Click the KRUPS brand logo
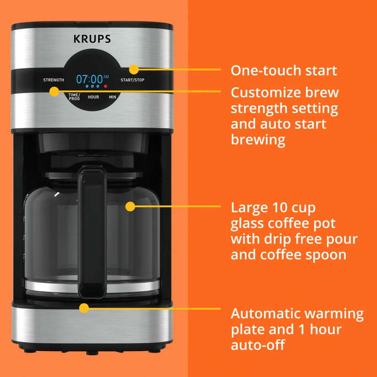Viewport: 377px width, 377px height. [92, 39]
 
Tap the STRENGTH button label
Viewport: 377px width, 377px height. [53, 80]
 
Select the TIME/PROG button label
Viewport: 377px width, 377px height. [74, 97]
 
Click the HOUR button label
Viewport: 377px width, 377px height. [93, 97]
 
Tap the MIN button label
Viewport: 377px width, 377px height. [112, 97]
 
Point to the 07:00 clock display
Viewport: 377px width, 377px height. [90, 79]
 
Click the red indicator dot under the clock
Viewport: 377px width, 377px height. [106, 86]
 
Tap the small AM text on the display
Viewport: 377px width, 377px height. [106, 77]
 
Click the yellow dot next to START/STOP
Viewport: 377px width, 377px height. [134, 69]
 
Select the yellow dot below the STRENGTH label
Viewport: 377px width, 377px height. [54, 92]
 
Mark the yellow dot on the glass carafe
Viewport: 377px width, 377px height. [130, 206]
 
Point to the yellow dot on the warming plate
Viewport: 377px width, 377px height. [84, 308]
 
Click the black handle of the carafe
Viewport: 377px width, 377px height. [92, 232]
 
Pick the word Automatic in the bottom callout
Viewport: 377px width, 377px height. [263, 314]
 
